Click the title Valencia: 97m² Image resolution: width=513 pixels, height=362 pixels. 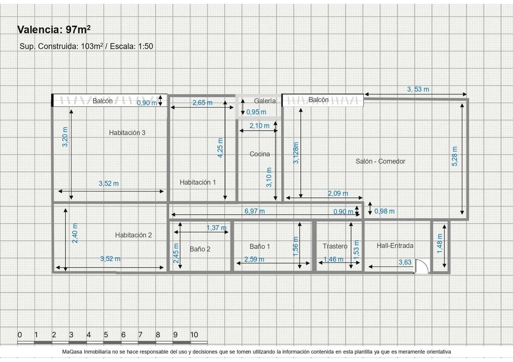(x=54, y=29)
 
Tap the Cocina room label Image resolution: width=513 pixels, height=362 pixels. (x=259, y=154)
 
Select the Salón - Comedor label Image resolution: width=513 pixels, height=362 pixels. (x=380, y=161)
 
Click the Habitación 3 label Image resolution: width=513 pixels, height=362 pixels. (x=127, y=133)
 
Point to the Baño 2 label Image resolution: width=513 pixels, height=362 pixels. (x=200, y=249)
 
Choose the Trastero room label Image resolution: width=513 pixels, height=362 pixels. (x=335, y=246)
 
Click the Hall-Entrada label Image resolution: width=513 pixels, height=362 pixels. (x=395, y=245)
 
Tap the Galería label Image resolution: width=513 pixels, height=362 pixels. (x=265, y=101)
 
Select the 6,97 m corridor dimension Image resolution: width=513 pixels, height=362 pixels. (x=255, y=211)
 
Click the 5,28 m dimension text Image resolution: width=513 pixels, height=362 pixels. (x=455, y=156)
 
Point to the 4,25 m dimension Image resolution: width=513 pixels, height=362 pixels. (x=220, y=148)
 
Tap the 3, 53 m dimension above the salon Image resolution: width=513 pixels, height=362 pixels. (x=418, y=89)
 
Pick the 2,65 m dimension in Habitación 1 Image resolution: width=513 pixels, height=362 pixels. (x=202, y=103)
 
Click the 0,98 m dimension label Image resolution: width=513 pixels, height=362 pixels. (x=384, y=211)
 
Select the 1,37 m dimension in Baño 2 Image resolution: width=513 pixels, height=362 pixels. (x=216, y=228)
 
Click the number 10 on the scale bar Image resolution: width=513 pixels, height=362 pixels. (x=194, y=335)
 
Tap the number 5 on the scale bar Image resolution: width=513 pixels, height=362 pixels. (x=106, y=335)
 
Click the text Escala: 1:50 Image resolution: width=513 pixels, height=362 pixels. (x=131, y=46)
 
